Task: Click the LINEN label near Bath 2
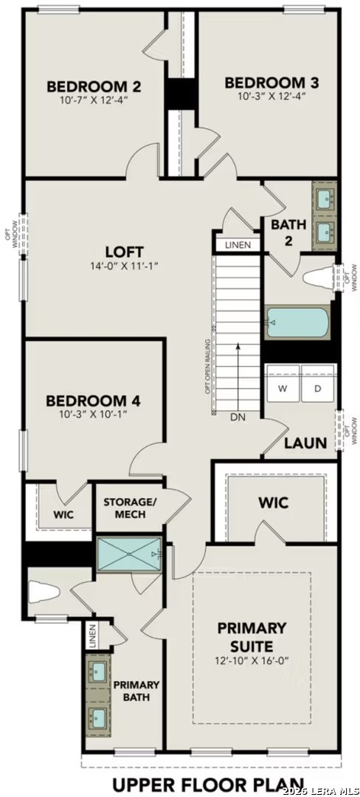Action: [238, 245]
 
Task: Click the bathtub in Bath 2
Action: [297, 322]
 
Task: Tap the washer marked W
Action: [283, 387]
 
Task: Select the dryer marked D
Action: [318, 387]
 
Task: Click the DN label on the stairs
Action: [237, 417]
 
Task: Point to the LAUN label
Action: [305, 444]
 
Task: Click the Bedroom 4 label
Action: [93, 401]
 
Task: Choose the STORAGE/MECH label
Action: [130, 508]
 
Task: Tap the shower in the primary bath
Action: [129, 553]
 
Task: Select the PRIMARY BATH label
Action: [136, 690]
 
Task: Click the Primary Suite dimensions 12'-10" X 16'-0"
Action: [252, 660]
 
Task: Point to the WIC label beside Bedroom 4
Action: [62, 514]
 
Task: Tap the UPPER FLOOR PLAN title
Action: [207, 783]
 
